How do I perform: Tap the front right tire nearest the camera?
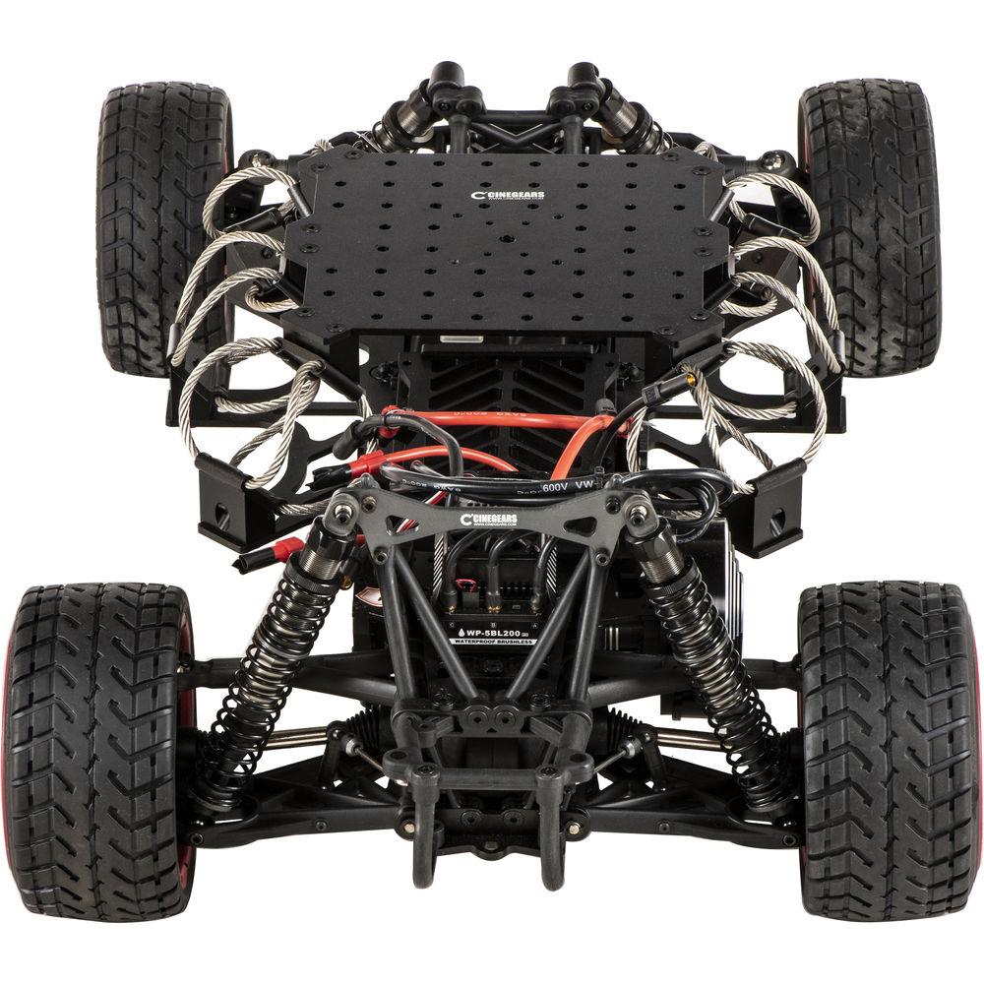pyautogui.click(x=889, y=748)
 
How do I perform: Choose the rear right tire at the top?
pyautogui.click(x=869, y=226)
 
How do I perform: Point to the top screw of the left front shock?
pyautogui.click(x=341, y=511)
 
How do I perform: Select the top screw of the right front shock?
pyautogui.click(x=641, y=511)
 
